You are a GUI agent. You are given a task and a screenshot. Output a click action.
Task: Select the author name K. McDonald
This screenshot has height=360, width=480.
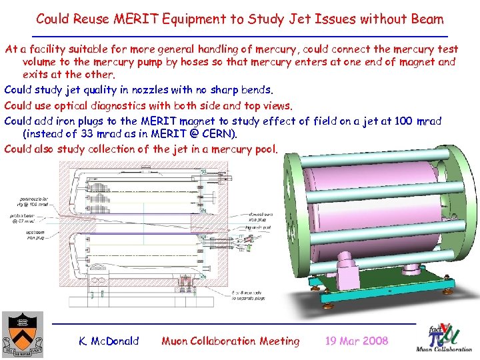coord(109,341)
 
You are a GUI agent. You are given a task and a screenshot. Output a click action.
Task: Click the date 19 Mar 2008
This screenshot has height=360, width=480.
coord(356,341)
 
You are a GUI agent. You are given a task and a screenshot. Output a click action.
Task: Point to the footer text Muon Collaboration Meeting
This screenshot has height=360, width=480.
coord(231,341)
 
